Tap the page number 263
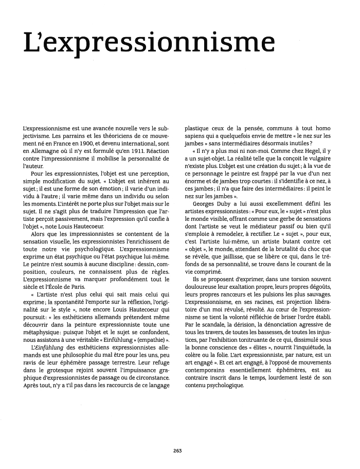[x=179, y=450]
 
